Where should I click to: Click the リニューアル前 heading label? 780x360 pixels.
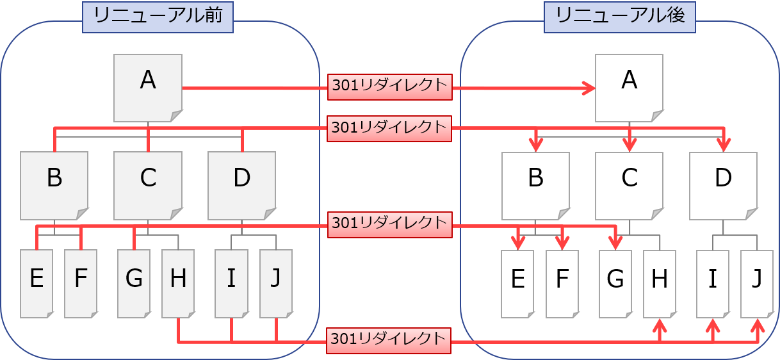point(158,17)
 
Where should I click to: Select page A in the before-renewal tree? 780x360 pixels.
point(148,88)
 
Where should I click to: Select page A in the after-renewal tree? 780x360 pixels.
point(629,88)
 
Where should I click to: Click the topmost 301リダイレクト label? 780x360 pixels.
point(389,86)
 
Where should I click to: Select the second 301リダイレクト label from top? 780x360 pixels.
point(389,128)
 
